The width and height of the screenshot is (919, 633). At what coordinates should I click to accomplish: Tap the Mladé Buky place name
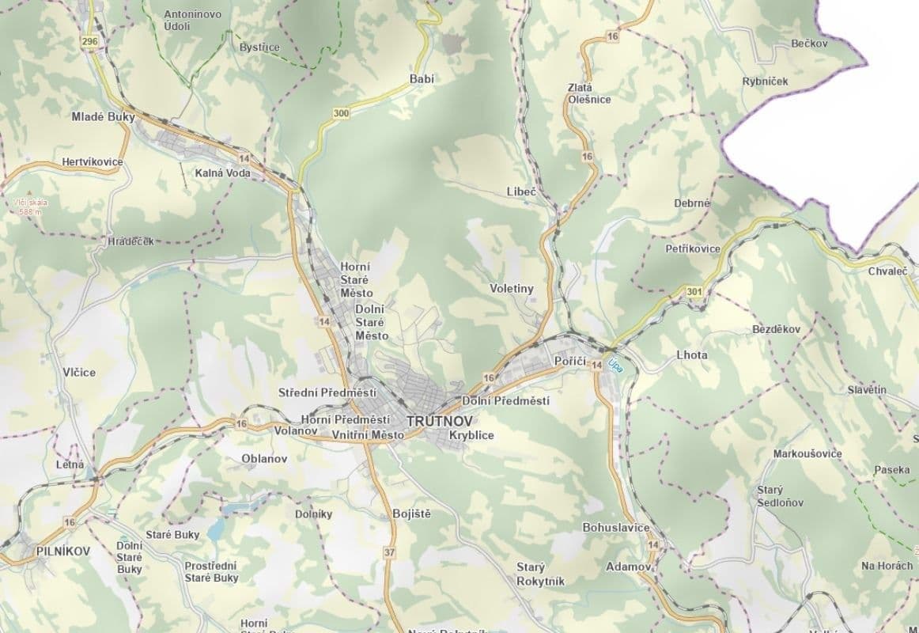pos(103,117)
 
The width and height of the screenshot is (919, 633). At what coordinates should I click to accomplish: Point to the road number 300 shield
pos(341,114)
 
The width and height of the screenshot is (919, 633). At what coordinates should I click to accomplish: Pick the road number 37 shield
pos(388,552)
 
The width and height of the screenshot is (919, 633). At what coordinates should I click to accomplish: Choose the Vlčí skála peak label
pos(31,207)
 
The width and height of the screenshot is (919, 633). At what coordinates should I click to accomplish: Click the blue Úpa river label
pos(615,366)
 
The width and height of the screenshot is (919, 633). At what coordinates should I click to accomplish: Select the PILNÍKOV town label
pos(62,550)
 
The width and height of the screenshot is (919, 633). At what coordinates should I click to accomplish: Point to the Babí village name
pos(422,78)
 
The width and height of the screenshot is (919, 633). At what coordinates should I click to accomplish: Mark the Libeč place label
pos(521,192)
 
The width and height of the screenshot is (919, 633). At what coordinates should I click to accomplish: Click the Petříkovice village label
pos(693,248)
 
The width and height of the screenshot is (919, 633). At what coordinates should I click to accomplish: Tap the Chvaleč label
pos(887,271)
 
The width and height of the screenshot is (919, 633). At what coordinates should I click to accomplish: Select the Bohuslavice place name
pos(615,527)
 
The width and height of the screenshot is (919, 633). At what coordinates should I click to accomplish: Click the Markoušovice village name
pos(807,453)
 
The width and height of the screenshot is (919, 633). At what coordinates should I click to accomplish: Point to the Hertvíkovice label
pos(93,162)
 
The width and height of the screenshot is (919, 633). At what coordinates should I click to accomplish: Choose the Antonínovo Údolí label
pos(192,20)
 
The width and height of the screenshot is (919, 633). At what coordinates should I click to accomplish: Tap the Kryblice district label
pos(471,435)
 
